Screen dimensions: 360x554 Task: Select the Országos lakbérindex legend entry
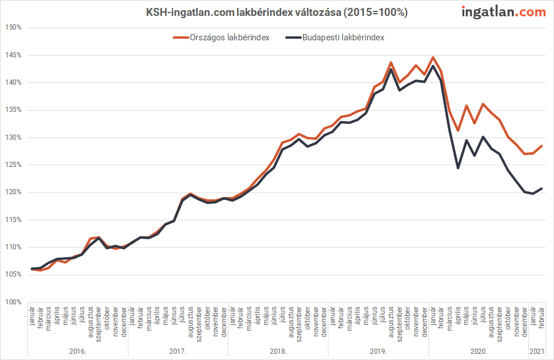click(221, 37)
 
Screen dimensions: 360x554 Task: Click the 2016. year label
click(77, 351)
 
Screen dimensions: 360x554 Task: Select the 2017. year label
click(178, 351)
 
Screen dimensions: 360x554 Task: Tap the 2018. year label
click(278, 351)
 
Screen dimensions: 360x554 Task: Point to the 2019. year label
click(378, 351)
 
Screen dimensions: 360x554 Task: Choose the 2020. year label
click(478, 351)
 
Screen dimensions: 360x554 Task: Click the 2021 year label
click(537, 351)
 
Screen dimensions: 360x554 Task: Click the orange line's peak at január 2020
click(433, 57)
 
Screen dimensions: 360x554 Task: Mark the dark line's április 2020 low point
click(458, 168)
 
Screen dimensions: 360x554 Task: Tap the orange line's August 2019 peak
click(391, 62)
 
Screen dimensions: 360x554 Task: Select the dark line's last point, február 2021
click(541, 189)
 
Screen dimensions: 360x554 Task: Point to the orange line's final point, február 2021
click(541, 146)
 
